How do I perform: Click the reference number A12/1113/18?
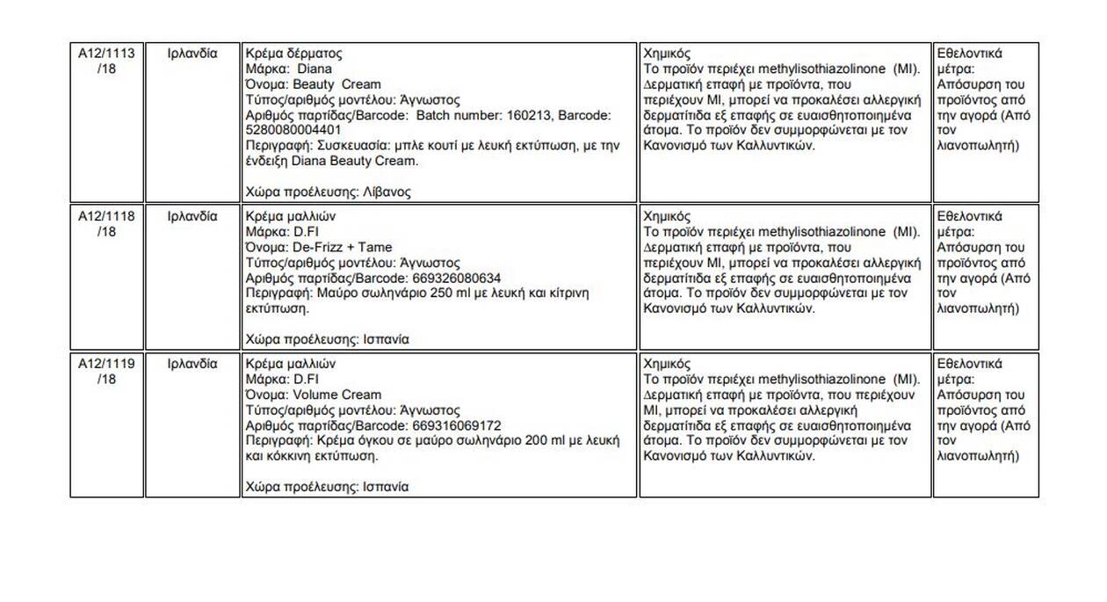106,61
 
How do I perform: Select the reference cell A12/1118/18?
106,224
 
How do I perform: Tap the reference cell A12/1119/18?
106,372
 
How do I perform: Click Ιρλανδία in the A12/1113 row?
192,53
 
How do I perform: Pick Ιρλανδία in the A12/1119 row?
192,364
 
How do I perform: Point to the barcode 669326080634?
457,279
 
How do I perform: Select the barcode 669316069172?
457,426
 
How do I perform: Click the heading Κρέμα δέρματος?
294,53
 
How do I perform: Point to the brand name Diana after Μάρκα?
315,69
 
